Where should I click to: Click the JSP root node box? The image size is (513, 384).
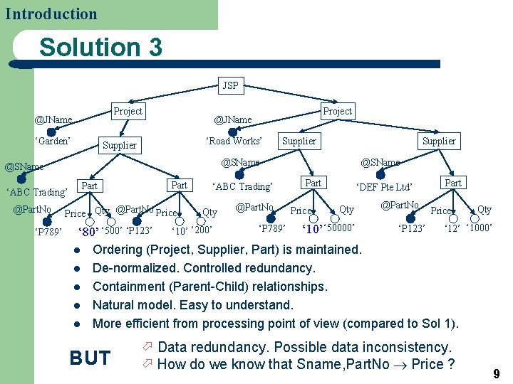[230, 86]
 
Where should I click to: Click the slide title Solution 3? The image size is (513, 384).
[100, 48]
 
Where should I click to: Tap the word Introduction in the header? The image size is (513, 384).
[51, 14]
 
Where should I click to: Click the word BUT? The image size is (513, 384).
[90, 358]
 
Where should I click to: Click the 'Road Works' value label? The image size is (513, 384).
[233, 141]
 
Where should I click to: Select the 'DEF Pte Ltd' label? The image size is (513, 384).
[384, 187]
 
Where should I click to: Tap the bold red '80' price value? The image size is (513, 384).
[88, 231]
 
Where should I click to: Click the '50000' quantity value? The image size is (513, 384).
[340, 228]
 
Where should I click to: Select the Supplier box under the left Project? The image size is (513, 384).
[120, 145]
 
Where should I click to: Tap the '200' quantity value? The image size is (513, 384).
[202, 230]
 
